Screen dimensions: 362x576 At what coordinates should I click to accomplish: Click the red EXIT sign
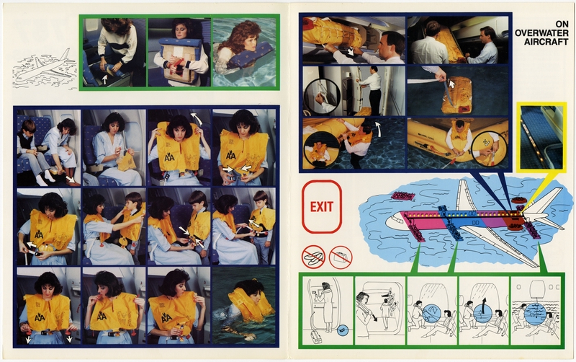(x=322, y=207)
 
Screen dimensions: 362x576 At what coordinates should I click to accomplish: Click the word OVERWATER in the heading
(x=541, y=32)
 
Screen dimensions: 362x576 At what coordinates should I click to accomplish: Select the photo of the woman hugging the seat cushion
(x=179, y=52)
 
